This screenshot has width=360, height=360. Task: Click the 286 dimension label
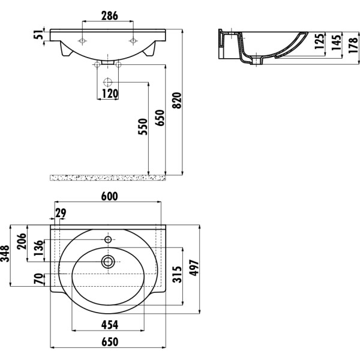point(110,16)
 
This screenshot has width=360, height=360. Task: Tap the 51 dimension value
point(38,34)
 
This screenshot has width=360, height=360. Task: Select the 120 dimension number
point(110,94)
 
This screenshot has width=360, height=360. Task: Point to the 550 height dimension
point(143,127)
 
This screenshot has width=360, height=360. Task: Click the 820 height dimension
point(177,100)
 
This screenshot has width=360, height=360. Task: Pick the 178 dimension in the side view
point(353,45)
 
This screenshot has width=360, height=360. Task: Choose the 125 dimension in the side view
point(319,41)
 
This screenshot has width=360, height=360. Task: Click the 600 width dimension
point(110,196)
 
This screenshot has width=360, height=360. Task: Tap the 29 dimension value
point(61,213)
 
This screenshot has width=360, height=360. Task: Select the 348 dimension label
point(5,253)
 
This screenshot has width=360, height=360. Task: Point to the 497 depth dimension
point(194,268)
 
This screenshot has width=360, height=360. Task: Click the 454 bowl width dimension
point(110,325)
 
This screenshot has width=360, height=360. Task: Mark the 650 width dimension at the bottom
point(110,342)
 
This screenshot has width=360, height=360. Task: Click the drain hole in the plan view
point(108,262)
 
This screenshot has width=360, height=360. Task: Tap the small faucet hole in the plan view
point(108,240)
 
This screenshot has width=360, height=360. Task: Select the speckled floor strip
point(107,178)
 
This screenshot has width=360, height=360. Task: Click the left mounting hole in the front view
point(82,41)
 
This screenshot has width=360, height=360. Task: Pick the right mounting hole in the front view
point(133,41)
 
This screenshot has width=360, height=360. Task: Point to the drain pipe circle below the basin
point(107,82)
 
